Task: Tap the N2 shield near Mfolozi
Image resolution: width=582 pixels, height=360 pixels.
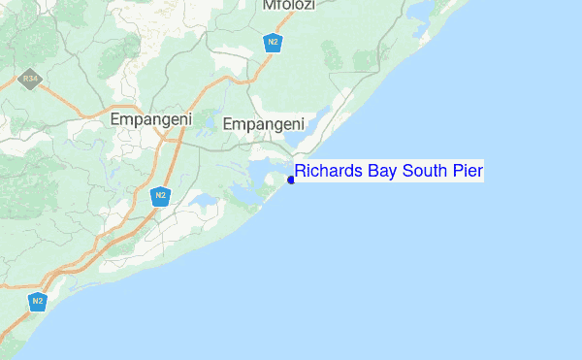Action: (274, 42)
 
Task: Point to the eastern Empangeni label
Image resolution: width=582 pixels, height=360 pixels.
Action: (264, 123)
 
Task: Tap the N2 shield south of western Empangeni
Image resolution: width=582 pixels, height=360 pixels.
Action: (161, 197)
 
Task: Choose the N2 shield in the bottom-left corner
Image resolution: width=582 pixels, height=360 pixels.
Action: (38, 301)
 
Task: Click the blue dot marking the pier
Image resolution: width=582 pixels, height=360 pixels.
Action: (291, 180)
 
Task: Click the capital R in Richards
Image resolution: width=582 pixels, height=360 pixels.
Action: (302, 172)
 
